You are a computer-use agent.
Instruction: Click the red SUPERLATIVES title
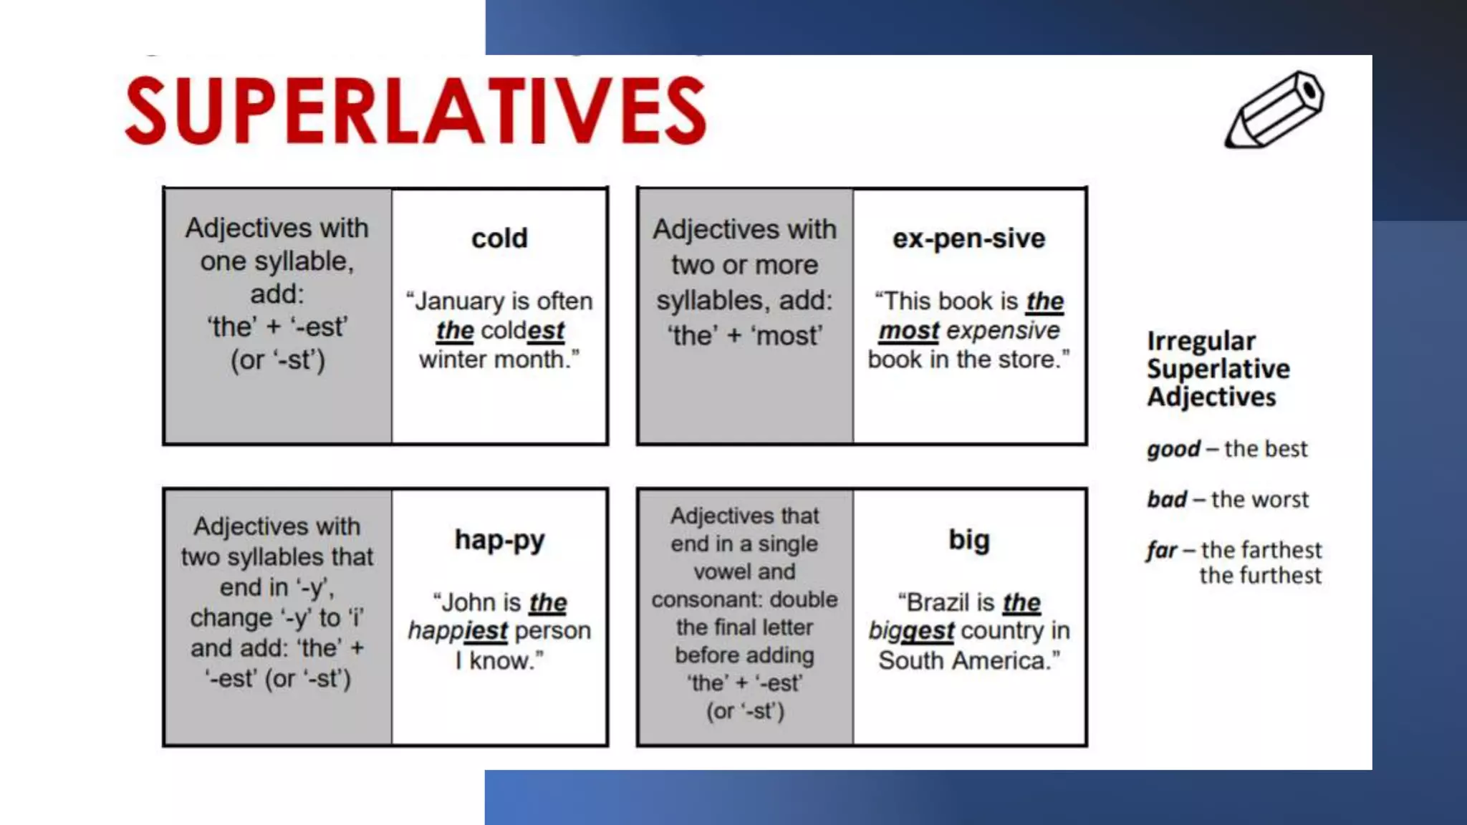pos(415,111)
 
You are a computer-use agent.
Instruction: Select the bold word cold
pos(499,238)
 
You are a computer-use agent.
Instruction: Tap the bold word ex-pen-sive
pos(968,238)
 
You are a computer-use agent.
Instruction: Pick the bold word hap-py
pos(499,540)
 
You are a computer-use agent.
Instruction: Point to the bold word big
pos(968,540)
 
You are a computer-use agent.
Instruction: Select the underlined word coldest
pos(522,331)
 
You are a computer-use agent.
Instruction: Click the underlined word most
pos(908,331)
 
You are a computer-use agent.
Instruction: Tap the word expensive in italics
pos(1003,331)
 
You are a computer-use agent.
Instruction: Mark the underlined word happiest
pos(458,632)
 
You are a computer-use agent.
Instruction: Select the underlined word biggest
pos(911,632)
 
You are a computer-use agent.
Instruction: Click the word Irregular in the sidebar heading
pos(1201,342)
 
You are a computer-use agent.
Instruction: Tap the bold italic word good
pos(1173,450)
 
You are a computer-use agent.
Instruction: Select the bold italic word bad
pos(1167,500)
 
